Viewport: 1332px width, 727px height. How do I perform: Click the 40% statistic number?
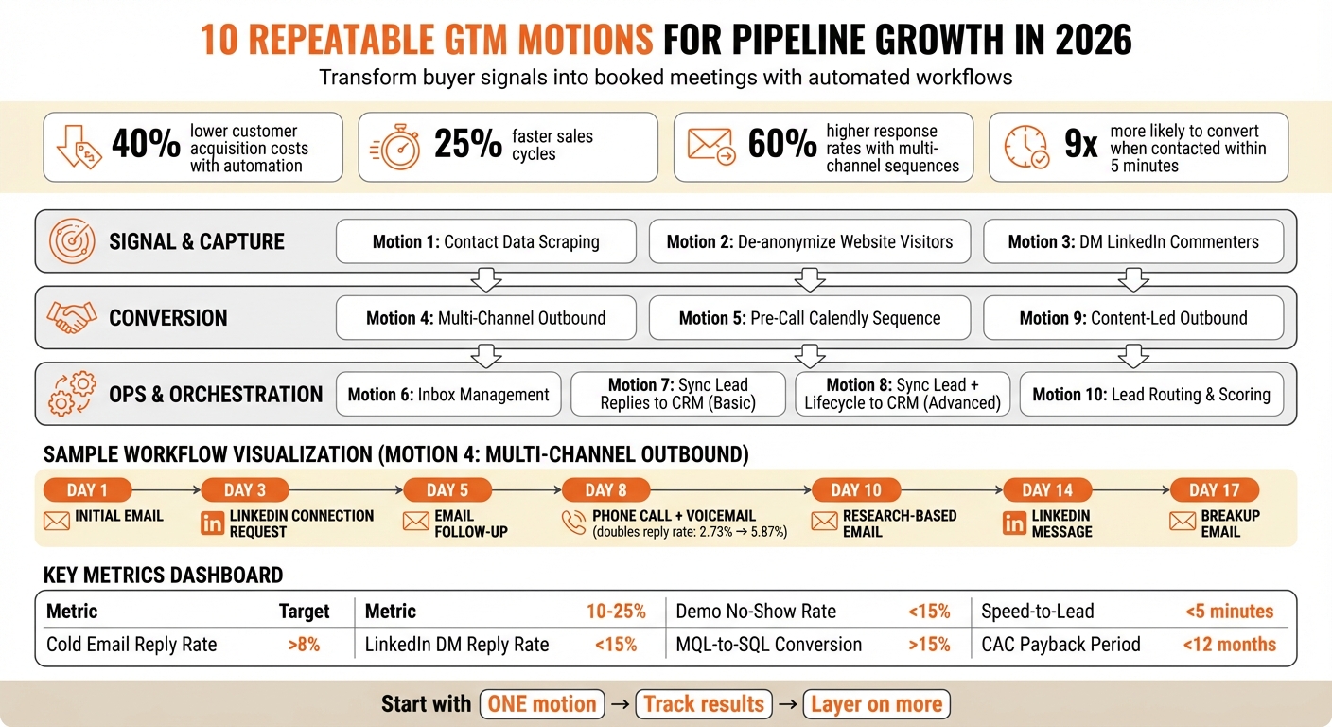[146, 146]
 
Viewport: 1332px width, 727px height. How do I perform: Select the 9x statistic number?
[1081, 146]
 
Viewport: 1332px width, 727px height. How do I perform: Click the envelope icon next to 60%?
[711, 147]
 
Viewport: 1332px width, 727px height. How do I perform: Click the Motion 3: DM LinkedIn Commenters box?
[1133, 241]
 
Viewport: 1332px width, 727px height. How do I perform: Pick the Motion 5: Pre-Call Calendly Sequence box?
[810, 318]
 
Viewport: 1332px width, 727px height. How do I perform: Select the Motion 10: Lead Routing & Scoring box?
[1150, 394]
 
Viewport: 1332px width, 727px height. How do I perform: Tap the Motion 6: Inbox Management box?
[448, 394]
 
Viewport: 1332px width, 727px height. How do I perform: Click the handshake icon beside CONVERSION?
[72, 318]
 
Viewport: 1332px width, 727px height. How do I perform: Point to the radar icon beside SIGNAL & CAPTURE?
[72, 241]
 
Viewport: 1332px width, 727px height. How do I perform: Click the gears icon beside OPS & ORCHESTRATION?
[72, 394]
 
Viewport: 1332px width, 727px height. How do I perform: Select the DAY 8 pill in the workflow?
[606, 489]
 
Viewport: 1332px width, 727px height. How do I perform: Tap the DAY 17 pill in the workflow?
[1215, 489]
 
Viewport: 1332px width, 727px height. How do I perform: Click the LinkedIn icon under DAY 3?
[213, 523]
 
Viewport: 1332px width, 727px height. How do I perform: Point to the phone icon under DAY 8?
[573, 523]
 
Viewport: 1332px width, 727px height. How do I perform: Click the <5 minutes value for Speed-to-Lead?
[1229, 612]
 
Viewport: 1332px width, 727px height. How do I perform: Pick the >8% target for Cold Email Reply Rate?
[304, 645]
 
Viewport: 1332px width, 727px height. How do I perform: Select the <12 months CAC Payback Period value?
[1229, 645]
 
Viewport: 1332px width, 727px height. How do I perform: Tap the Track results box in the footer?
[703, 704]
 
